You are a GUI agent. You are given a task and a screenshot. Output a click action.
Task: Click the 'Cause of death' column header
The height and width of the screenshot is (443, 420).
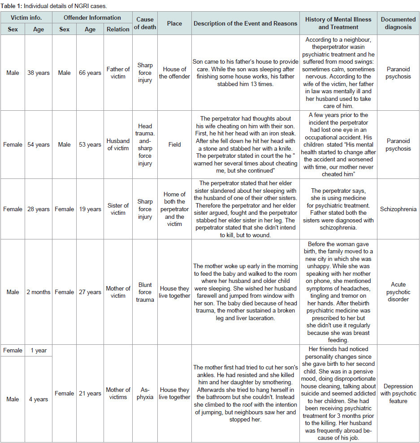click(x=145, y=23)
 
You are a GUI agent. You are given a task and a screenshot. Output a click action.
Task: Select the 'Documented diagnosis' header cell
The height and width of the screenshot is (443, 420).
click(x=398, y=23)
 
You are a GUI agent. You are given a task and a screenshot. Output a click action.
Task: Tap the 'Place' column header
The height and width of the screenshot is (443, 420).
click(x=174, y=23)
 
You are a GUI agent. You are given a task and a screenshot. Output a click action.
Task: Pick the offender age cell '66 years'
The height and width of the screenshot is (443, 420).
click(x=90, y=73)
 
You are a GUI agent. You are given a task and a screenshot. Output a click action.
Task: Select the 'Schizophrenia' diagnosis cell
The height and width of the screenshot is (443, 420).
click(x=398, y=209)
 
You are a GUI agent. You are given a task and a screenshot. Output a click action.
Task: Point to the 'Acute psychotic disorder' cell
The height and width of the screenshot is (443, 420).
click(x=398, y=292)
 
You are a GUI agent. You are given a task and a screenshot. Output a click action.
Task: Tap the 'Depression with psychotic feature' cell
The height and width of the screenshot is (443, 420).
click(x=398, y=393)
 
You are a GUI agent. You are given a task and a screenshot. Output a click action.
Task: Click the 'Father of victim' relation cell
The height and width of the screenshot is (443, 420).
click(x=118, y=73)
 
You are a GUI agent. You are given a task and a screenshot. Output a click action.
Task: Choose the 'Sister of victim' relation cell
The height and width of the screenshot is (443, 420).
click(x=118, y=209)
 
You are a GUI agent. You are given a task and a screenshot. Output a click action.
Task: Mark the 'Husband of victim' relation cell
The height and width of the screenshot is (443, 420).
click(x=118, y=144)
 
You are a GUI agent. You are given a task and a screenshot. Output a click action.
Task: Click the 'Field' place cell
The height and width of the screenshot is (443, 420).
click(x=174, y=144)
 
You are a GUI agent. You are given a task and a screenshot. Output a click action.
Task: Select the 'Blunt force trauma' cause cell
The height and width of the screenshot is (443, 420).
click(x=145, y=292)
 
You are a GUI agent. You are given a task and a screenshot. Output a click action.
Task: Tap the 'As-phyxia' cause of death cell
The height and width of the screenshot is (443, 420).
click(x=145, y=393)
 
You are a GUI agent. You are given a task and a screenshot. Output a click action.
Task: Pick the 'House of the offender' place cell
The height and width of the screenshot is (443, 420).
click(x=174, y=73)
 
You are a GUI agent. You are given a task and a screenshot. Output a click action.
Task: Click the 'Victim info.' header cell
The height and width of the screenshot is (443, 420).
click(x=26, y=18)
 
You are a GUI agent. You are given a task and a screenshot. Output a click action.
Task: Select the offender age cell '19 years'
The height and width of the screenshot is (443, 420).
click(x=90, y=209)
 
